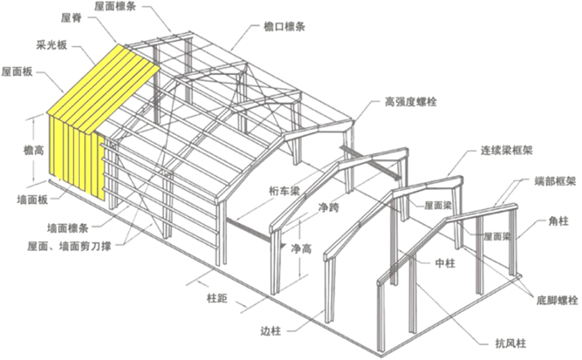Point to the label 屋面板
[x=17, y=71]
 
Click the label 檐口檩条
[x=283, y=28]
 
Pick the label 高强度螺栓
[x=411, y=102]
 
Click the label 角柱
[x=558, y=221]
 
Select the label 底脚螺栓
[x=557, y=300]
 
